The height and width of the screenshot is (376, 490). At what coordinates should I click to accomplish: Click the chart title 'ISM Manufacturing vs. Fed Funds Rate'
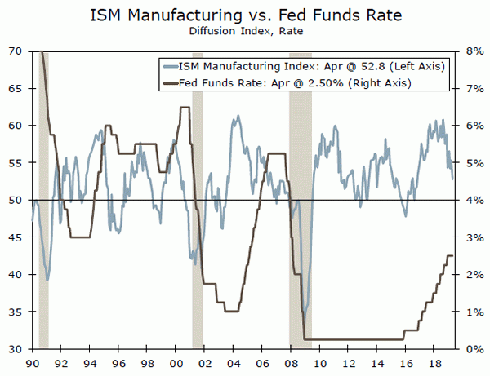[245, 15]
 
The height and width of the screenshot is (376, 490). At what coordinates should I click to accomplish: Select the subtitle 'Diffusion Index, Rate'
[245, 33]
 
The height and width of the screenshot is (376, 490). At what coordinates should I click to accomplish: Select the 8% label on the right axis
[474, 51]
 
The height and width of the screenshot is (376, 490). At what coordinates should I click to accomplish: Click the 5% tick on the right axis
[474, 163]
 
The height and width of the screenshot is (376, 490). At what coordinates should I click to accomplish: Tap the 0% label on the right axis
[474, 349]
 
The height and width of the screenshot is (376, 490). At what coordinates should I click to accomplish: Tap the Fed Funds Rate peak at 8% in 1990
[41, 52]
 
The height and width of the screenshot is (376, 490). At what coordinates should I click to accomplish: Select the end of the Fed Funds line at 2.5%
[453, 256]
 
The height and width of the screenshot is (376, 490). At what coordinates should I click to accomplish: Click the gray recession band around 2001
[197, 200]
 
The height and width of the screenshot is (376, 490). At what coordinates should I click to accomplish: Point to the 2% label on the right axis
[474, 275]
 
